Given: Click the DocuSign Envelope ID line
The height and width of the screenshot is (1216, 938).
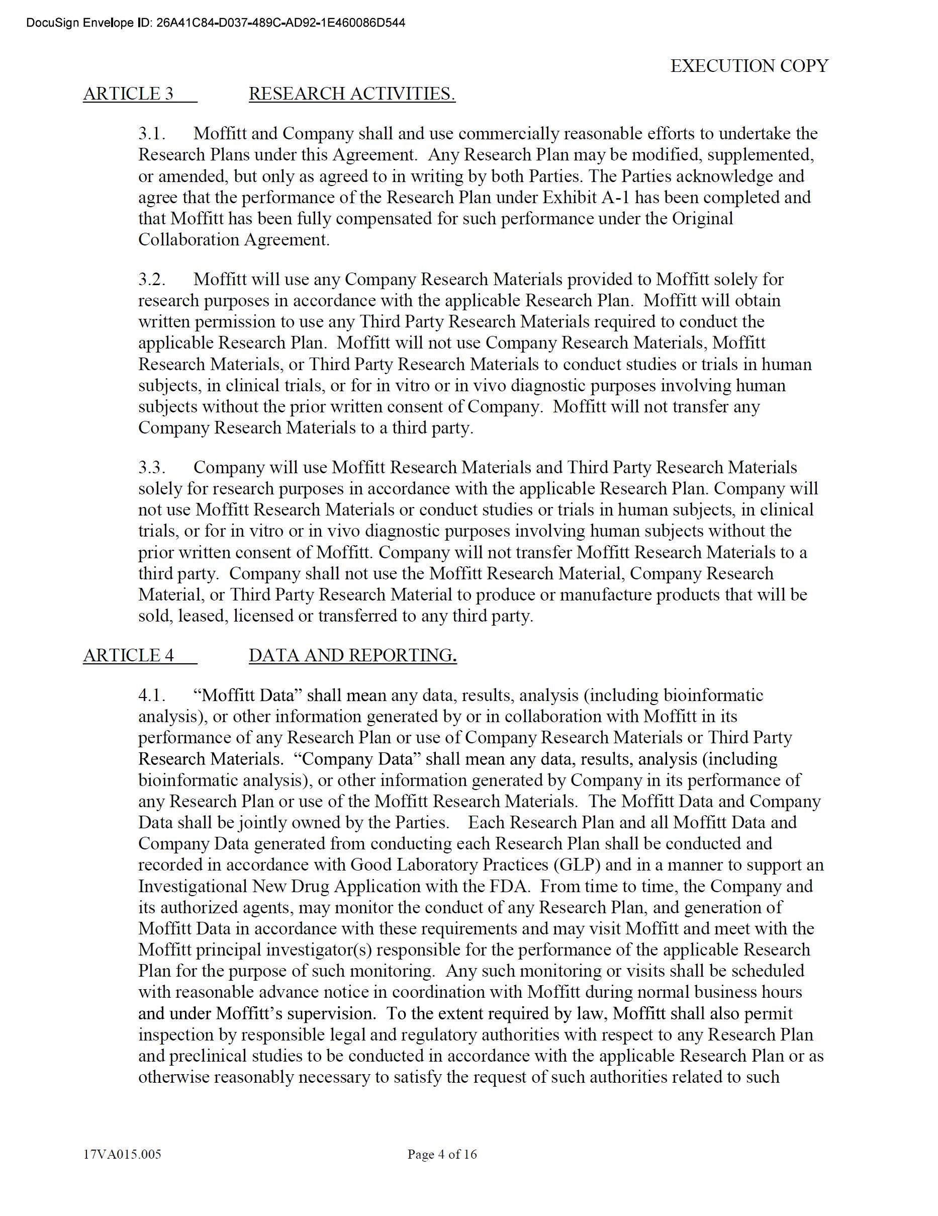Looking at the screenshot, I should coord(216,23).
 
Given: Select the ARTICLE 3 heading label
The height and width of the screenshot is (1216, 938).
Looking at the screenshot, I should coord(129,94).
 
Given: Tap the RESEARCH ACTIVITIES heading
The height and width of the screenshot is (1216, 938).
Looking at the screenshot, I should coord(352,94).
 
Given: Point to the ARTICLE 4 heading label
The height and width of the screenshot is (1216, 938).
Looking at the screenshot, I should coord(129,655).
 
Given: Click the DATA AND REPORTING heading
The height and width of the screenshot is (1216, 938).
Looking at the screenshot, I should coord(352,655).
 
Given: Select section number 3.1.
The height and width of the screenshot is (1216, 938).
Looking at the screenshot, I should coord(152,134).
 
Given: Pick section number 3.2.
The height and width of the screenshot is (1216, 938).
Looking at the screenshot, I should coord(152,279).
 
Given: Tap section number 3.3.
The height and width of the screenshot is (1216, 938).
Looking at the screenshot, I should coord(152,467).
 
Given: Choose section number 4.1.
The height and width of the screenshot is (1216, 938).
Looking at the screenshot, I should coord(152,695).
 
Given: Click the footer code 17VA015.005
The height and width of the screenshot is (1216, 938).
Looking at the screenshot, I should coord(122,1154).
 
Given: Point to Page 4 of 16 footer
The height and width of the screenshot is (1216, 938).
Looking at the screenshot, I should coord(442,1154).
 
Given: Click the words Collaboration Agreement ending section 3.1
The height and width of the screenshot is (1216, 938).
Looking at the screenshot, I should coord(234,240).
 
